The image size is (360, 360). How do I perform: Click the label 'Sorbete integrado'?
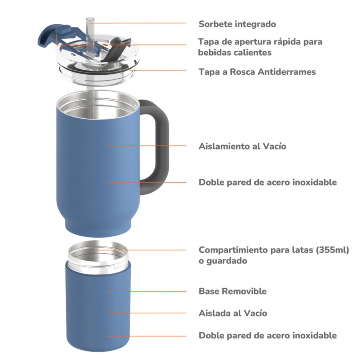(237, 24)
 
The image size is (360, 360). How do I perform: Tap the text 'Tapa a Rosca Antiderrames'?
(257, 72)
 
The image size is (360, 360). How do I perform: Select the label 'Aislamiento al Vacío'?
(242, 146)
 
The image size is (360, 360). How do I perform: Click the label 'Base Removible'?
(232, 291)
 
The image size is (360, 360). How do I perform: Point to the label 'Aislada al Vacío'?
(233, 313)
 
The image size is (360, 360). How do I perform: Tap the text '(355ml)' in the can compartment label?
(332, 250)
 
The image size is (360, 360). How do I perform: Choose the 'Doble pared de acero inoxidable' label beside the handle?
(268, 182)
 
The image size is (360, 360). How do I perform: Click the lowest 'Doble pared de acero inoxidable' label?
(268, 336)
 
